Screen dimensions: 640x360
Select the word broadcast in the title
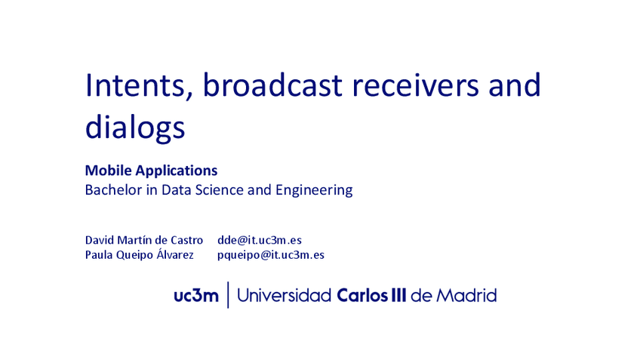pos(272,85)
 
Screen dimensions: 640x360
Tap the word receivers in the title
pos(415,85)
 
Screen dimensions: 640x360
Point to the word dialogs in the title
pos(135,128)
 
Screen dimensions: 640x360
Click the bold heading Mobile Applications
pos(151,171)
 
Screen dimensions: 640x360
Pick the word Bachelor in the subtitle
pos(113,189)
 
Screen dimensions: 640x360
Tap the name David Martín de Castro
pos(144,240)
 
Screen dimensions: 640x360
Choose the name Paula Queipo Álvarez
pos(139,254)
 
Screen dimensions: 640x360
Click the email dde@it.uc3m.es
pos(260,240)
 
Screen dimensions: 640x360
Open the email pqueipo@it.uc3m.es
pos(271,255)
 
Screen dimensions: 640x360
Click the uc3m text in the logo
pos(196,296)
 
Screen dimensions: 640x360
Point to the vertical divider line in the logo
pos(228,294)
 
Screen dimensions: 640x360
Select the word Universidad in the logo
pos(284,295)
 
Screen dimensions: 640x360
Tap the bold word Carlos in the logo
pos(362,295)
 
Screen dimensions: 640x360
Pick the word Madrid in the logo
pos(466,295)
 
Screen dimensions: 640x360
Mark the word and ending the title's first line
pos(515,85)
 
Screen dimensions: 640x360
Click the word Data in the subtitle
pos(177,189)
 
